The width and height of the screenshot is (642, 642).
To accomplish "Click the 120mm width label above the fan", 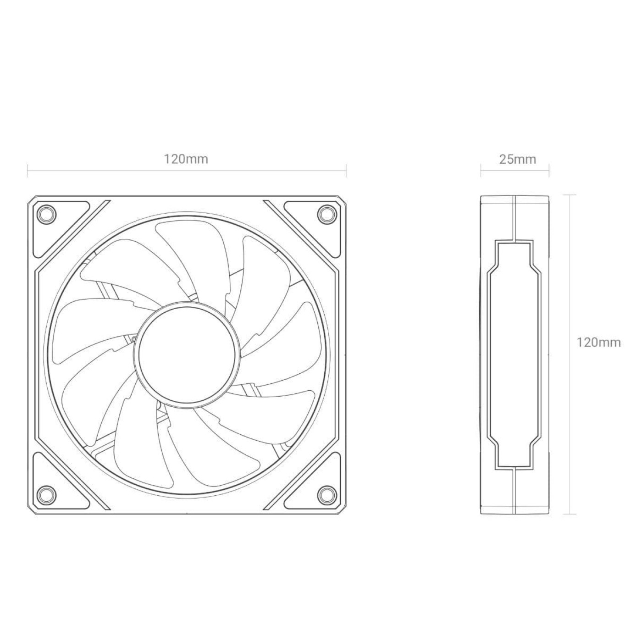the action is pos(186,159).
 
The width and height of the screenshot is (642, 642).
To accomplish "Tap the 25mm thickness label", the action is pos(517,159).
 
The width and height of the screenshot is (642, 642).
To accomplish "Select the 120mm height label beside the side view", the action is pos(598,343).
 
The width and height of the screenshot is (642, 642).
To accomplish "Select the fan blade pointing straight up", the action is pos(193,253).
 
